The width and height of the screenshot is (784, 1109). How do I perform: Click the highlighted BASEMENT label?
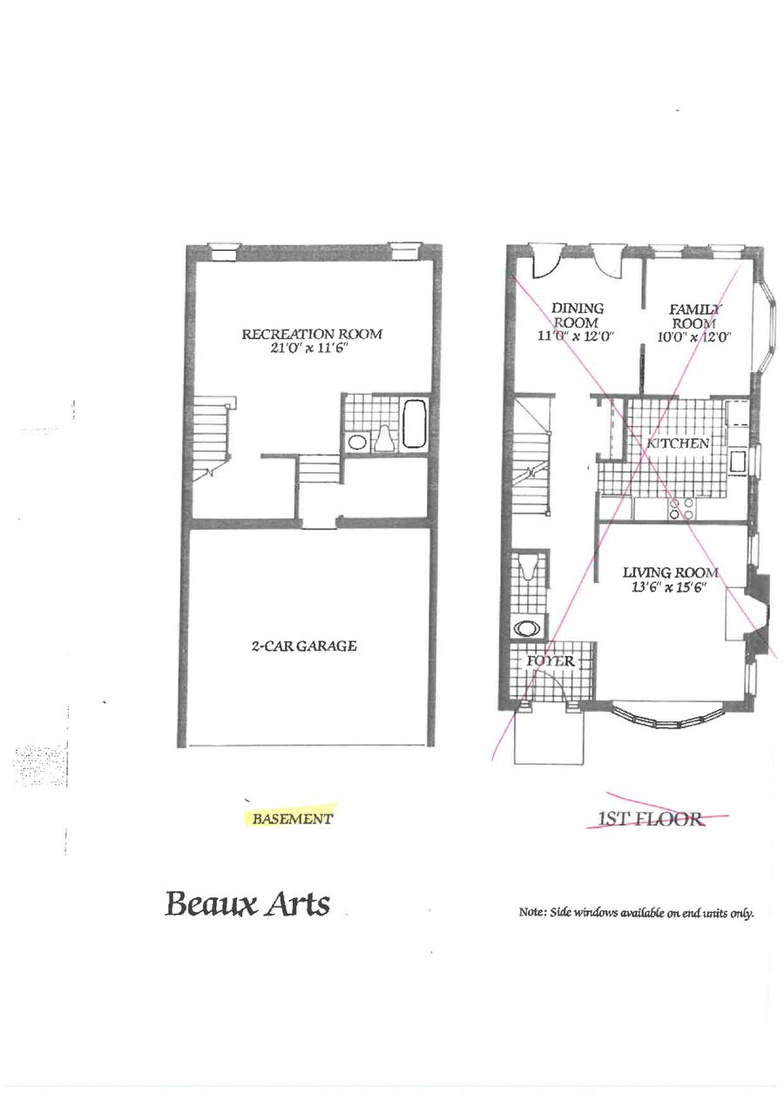pos(292,818)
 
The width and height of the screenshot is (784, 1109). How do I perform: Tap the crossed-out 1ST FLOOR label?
pos(651,818)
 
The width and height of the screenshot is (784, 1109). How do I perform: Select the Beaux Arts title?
pos(247,903)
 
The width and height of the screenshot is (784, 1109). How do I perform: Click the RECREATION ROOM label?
pos(312,334)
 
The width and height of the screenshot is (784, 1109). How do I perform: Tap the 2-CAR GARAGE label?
pos(304,646)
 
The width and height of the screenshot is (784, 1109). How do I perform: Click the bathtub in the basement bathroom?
pos(415,423)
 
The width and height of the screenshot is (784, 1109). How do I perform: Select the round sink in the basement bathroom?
pos(357,441)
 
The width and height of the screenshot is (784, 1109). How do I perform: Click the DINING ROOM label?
pos(577,315)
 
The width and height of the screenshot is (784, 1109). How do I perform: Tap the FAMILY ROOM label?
pos(694,317)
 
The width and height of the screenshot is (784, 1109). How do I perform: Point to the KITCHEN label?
pos(678,443)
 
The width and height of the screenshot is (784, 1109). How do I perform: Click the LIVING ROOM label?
pos(670,573)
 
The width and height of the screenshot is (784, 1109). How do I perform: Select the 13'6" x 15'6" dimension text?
pos(669,588)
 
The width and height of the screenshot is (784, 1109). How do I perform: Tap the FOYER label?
pos(550,661)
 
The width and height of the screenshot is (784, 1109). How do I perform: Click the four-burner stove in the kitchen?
pos(681,509)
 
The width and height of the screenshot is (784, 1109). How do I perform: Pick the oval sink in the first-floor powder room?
pos(527,629)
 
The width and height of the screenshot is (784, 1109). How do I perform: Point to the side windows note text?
pos(636,912)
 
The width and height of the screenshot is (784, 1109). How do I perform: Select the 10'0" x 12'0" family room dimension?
pos(694,337)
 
